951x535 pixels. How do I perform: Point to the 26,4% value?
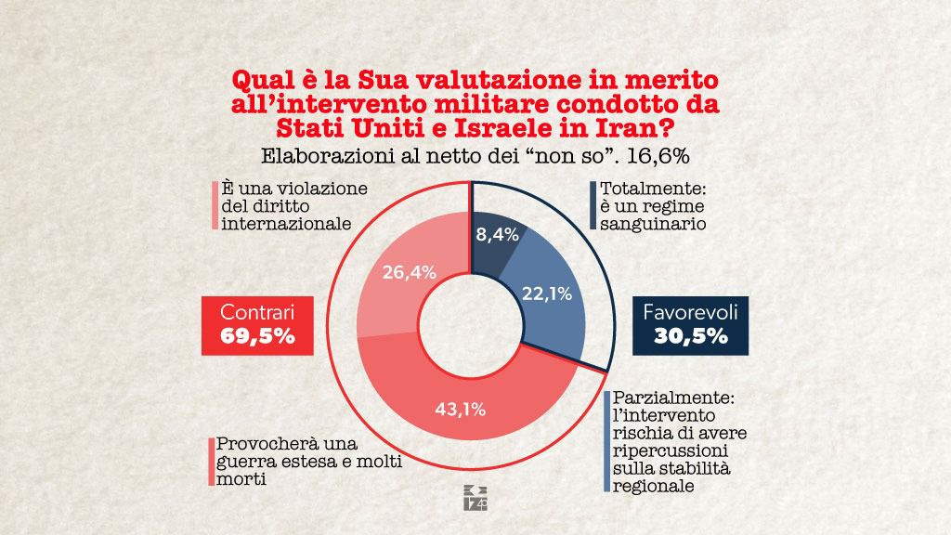pos(407,272)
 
